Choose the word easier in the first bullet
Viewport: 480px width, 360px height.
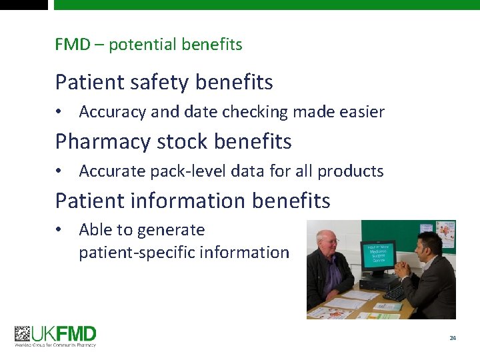[x=361, y=112]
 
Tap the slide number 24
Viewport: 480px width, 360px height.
[x=453, y=338]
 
